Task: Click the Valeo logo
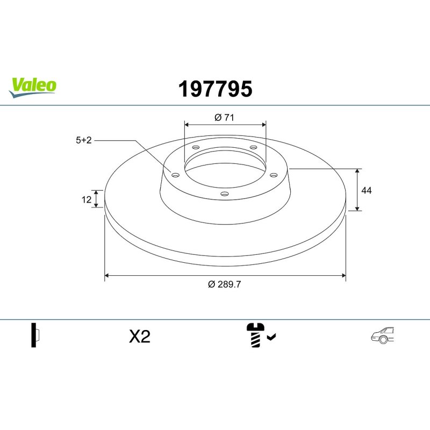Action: (x=32, y=87)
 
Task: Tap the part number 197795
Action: (x=216, y=89)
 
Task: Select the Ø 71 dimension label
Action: (x=224, y=117)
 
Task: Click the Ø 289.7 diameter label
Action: (x=224, y=284)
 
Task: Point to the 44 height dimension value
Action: (x=367, y=190)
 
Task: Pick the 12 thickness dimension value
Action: (x=87, y=199)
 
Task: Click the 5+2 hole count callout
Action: (x=84, y=140)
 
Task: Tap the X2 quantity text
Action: (x=140, y=336)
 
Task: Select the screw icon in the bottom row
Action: (x=255, y=335)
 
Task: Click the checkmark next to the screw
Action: (x=271, y=336)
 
